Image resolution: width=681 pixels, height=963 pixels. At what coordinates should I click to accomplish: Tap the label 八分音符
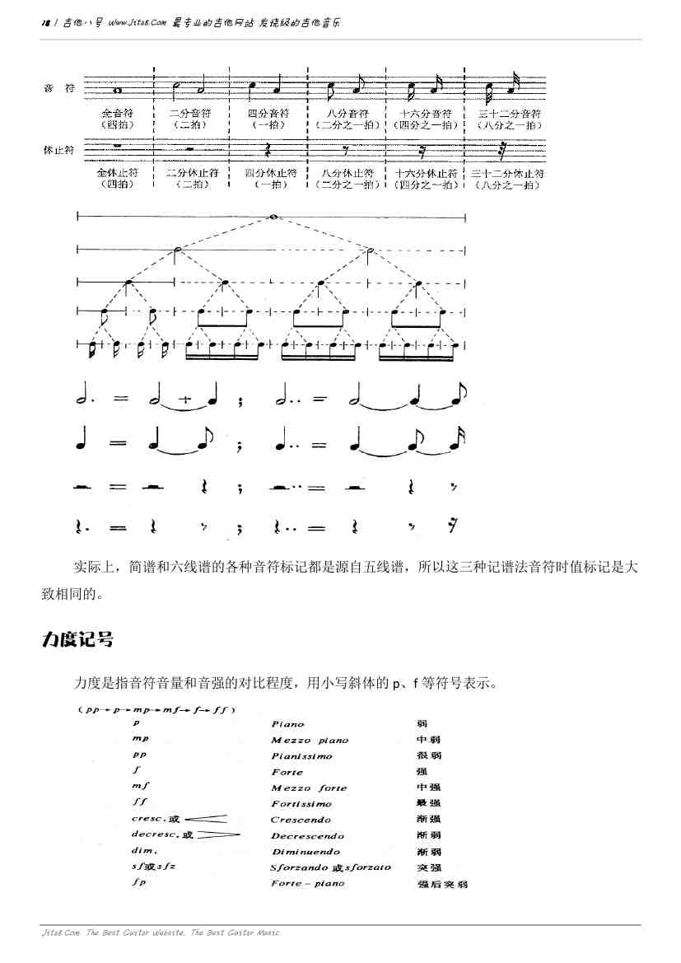[347, 113]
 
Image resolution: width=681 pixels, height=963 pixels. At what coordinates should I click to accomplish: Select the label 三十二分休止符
[508, 174]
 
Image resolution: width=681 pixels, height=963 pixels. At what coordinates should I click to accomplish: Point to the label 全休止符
[117, 174]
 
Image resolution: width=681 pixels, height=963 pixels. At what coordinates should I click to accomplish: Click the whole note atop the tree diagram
[272, 217]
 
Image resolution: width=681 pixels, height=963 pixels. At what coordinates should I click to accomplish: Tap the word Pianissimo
[301, 755]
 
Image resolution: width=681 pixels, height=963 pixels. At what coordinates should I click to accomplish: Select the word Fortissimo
[301, 803]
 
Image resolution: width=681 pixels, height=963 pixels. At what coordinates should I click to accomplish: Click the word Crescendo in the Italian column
[301, 820]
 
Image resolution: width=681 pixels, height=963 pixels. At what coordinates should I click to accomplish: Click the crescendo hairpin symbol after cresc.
[206, 819]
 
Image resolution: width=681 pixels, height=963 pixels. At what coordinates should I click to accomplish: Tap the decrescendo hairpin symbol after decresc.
[218, 835]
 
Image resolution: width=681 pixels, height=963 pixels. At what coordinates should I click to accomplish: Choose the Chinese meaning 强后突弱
[442, 884]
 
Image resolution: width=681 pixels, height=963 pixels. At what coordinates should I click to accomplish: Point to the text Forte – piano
[307, 884]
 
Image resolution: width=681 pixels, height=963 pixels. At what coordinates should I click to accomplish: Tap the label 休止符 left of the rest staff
[59, 150]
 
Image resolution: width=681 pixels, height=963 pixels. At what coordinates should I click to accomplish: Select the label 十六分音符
[426, 113]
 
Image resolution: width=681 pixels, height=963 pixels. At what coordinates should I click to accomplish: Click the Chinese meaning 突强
[429, 867]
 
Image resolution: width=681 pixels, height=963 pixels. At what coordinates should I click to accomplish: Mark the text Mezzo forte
[309, 788]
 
